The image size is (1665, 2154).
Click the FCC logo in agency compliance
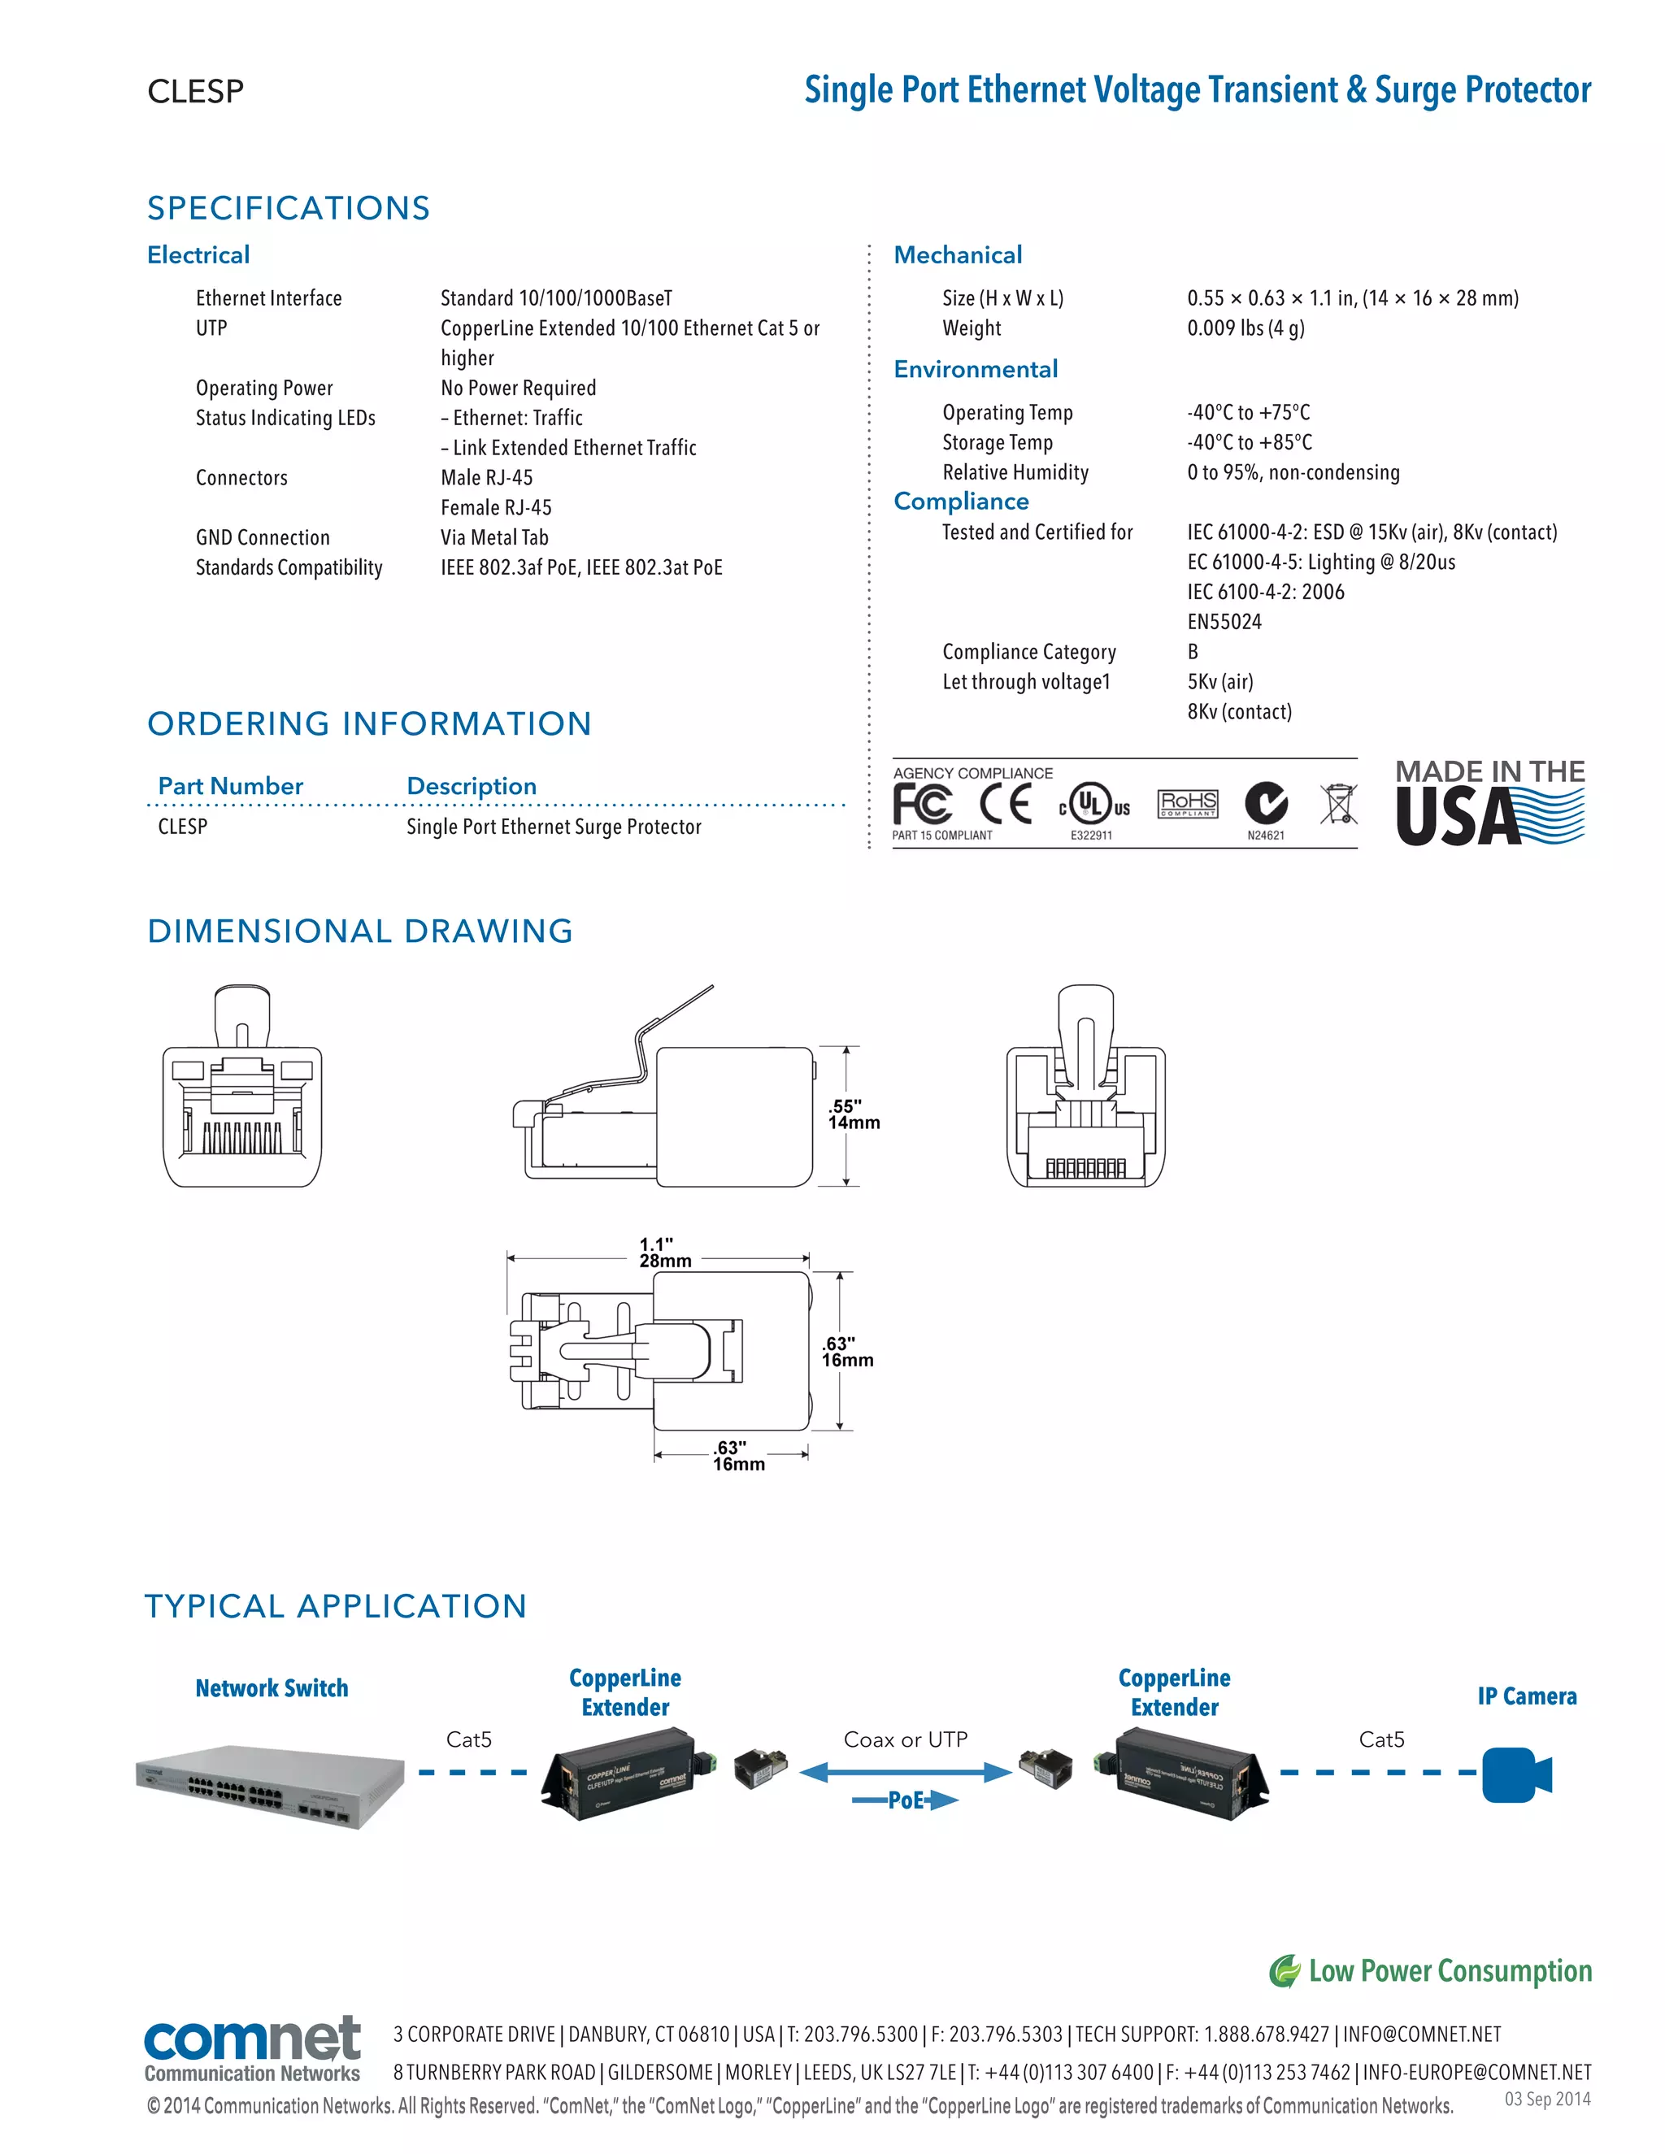(x=922, y=804)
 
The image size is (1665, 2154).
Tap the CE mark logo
(x=1005, y=804)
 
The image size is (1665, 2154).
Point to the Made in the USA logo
(x=1489, y=803)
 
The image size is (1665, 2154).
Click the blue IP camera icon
(x=1516, y=1774)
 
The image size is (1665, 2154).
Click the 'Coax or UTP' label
(x=906, y=1739)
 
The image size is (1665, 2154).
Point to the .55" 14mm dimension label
(x=852, y=1114)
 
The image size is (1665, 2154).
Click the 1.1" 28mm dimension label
(x=665, y=1253)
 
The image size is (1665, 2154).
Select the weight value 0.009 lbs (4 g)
(x=1245, y=328)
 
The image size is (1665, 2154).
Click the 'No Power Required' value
(x=518, y=388)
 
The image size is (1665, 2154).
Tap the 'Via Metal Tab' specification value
(x=494, y=537)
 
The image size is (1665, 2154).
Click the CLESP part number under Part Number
(x=182, y=827)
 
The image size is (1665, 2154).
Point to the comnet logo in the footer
(x=253, y=2047)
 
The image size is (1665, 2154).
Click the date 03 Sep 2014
(x=1546, y=2099)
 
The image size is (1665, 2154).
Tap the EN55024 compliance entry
(x=1224, y=621)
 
